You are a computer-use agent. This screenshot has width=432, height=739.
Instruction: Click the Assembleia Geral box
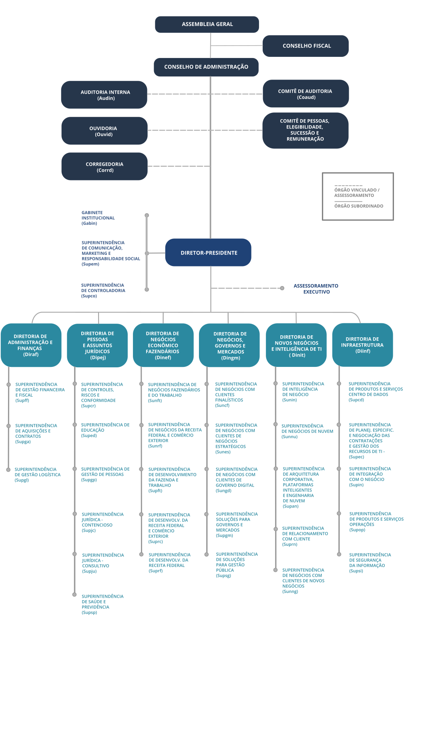tap(207, 24)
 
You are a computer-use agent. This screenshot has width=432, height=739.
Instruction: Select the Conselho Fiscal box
tap(306, 46)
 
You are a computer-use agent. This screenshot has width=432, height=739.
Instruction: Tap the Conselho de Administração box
tap(206, 67)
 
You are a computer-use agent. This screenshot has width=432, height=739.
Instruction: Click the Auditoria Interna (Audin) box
tap(104, 95)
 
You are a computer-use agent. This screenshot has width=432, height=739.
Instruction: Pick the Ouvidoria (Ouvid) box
tap(104, 131)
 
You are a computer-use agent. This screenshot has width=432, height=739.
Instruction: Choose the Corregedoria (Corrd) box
tap(104, 167)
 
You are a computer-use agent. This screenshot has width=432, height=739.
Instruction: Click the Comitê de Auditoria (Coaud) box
tap(305, 94)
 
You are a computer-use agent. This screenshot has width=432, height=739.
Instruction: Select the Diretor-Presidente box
tap(208, 252)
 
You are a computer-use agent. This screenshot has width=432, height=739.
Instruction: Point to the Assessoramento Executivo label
tap(316, 288)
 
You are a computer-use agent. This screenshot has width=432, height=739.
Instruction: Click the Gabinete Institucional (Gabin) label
tap(98, 218)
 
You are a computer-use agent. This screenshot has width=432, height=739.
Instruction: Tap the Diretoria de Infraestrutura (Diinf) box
tap(362, 344)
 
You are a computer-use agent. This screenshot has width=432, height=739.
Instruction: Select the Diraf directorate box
tap(31, 345)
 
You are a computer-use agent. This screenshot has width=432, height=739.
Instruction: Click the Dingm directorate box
tap(229, 345)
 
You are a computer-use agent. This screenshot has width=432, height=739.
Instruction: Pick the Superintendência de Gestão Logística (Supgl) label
tap(37, 475)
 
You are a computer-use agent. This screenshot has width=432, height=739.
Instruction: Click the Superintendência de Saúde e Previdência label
tap(102, 604)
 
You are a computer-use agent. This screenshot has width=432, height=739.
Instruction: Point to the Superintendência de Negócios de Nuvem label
tap(307, 431)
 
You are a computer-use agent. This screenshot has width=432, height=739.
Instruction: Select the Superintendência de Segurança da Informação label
tap(370, 563)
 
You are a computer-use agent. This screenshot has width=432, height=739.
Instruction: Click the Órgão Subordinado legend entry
tap(358, 206)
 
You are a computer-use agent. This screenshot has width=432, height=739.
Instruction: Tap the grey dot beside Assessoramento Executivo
tap(282, 288)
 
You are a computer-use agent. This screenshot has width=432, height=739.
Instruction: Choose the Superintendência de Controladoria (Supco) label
tap(103, 290)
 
